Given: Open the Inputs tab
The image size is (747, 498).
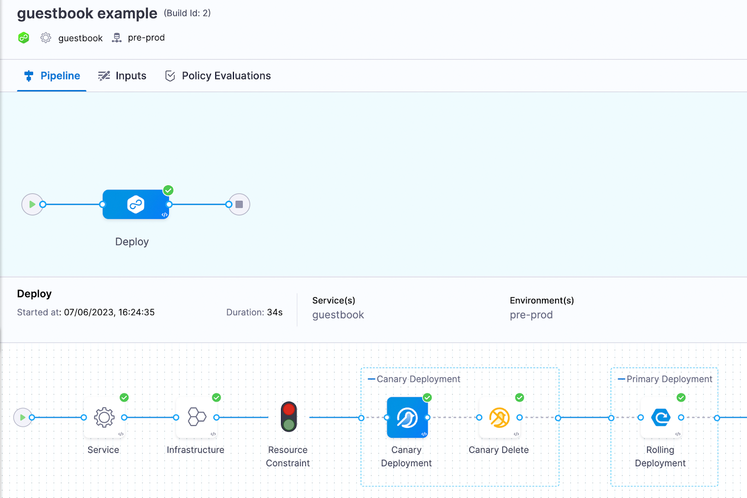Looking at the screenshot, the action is pos(122,76).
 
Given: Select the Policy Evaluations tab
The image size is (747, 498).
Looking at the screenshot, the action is pos(218,76).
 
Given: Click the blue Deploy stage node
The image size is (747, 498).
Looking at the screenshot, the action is pos(136,204).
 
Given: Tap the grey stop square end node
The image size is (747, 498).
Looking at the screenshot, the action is pos(239,204).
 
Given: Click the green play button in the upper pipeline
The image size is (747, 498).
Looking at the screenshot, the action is pos(32,204).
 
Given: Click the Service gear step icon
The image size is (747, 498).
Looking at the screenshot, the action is pos(104,417).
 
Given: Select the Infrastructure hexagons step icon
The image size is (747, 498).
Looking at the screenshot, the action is pos(197,417).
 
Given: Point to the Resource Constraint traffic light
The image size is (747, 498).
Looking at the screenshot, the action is pos(289,417).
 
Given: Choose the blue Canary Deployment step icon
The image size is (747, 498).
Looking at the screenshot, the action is pos(407,417).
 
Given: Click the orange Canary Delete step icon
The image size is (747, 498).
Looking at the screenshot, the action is pos(499,417).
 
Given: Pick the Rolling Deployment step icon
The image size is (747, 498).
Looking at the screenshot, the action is pos(661,417).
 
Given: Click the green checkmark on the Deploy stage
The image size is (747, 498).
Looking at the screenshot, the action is pos(168,190).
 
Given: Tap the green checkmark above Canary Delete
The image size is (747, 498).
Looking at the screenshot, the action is pos(520,397).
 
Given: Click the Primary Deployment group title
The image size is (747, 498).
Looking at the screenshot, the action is pos(669,379).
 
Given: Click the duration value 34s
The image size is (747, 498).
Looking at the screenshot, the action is pos(275,312).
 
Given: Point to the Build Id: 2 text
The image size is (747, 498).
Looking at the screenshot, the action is pos(187,13).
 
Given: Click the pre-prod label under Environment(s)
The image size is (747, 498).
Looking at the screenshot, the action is pos(531,315).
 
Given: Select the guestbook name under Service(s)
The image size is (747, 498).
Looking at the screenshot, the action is pos(338,315).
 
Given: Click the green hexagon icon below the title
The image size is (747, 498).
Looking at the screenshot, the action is pos(24,38).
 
